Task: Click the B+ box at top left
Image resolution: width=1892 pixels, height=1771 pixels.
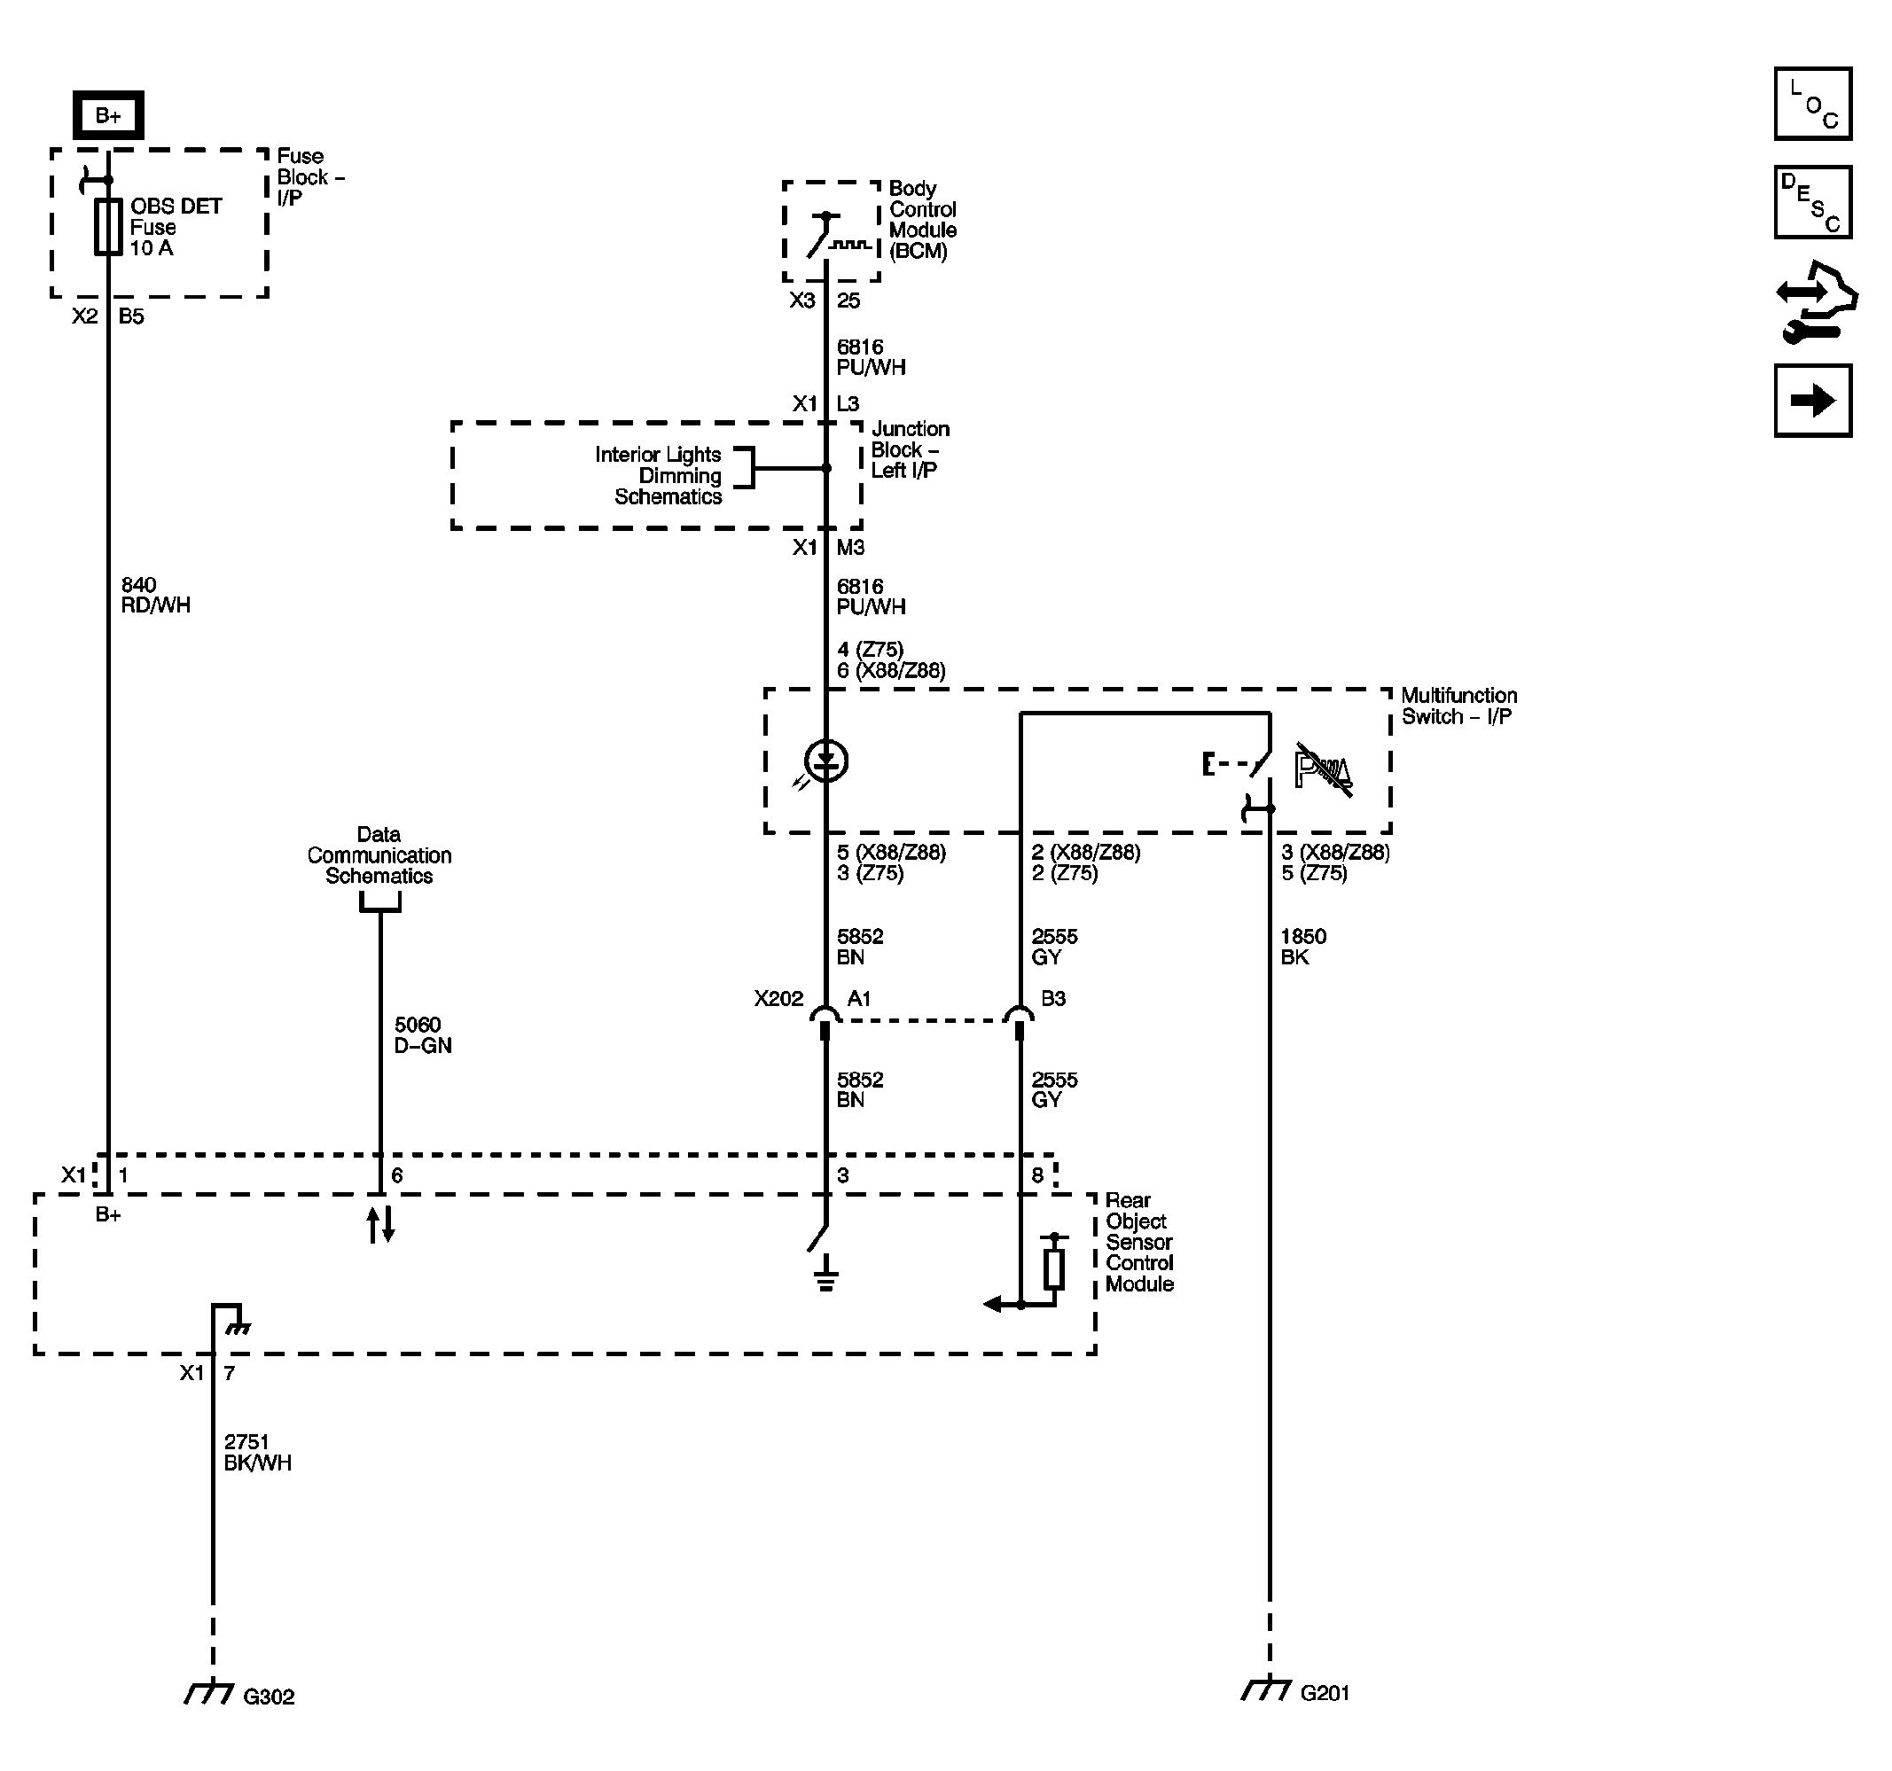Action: click(x=108, y=115)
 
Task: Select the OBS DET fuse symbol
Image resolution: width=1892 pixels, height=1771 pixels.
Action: click(x=107, y=227)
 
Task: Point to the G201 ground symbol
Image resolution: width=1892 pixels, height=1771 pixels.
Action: click(x=1267, y=1689)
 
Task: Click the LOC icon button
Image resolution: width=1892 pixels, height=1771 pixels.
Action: click(x=1812, y=104)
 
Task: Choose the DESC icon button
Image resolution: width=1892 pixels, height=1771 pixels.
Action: click(x=1812, y=202)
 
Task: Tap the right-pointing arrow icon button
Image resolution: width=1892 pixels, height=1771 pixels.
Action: click(x=1812, y=401)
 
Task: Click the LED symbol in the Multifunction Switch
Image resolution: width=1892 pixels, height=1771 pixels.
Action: click(x=825, y=761)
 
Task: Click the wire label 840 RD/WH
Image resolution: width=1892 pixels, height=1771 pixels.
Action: click(x=155, y=595)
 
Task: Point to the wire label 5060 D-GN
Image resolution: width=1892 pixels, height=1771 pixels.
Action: click(x=423, y=1034)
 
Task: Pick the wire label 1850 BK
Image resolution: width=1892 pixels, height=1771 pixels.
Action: click(x=1303, y=946)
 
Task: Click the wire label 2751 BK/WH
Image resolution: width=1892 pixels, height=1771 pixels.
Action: click(x=257, y=1452)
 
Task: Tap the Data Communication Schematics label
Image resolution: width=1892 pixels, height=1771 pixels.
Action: click(x=379, y=854)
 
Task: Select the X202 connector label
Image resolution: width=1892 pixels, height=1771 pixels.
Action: click(x=778, y=998)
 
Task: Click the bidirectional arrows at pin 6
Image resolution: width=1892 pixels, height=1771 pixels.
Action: click(x=380, y=1224)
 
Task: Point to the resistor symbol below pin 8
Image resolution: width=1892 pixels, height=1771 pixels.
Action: click(x=1053, y=1268)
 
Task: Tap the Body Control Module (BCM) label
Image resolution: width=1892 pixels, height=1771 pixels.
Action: click(x=921, y=220)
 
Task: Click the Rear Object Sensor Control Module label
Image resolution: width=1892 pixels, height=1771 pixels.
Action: click(x=1138, y=1241)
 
